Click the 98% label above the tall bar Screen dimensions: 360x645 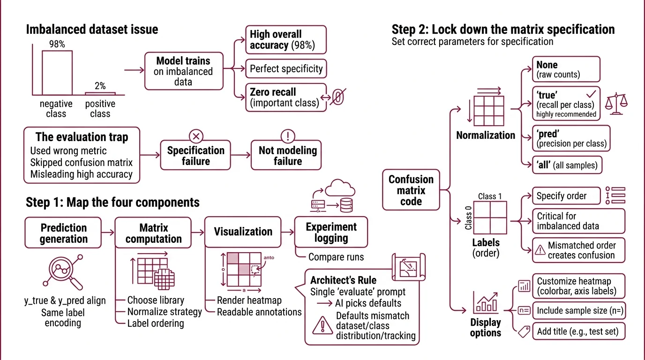point(57,45)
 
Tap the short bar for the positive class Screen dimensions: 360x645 point(100,94)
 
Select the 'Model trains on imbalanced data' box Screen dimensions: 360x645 point(183,71)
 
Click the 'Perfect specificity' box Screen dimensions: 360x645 point(286,68)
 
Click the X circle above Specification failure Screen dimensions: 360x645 point(196,136)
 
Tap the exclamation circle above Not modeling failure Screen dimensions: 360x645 point(287,136)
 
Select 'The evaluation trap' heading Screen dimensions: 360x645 point(82,137)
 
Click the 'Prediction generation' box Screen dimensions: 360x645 point(63,233)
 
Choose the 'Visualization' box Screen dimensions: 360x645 point(243,232)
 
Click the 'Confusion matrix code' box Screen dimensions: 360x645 point(411,190)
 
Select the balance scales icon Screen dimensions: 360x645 point(616,101)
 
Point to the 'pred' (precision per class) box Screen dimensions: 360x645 point(571,138)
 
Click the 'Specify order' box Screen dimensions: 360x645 point(566,196)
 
